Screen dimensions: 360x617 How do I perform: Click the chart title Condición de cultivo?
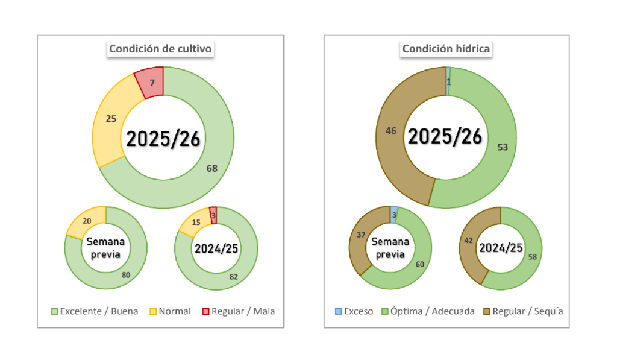(160, 49)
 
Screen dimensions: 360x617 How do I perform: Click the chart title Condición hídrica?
(446, 49)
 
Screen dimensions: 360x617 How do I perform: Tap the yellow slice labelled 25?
(111, 119)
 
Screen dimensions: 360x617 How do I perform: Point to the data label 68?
(212, 168)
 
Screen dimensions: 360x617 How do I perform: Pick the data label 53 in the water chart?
(502, 147)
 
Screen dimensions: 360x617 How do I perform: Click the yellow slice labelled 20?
(87, 221)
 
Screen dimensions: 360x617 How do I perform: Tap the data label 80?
(125, 275)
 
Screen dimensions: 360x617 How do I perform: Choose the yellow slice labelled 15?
(196, 222)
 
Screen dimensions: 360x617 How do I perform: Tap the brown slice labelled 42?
(470, 239)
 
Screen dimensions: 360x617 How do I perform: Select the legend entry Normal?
(175, 311)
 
